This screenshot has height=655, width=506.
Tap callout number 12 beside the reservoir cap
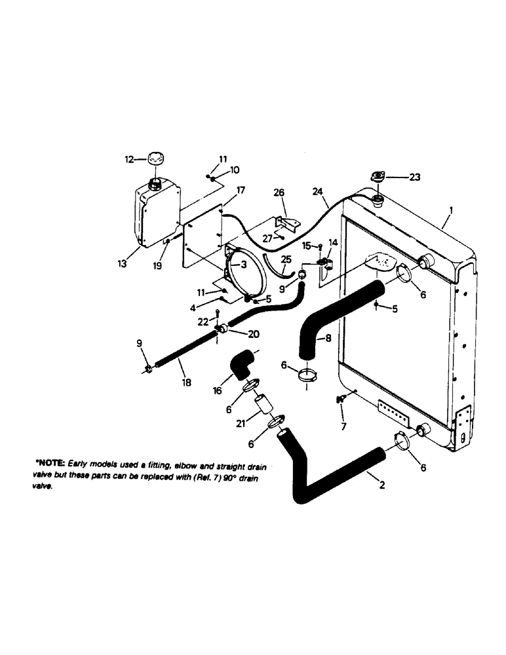tap(129, 159)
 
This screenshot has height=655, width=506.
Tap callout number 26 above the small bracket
tap(279, 194)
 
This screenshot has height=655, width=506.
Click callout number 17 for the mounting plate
tap(241, 191)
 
